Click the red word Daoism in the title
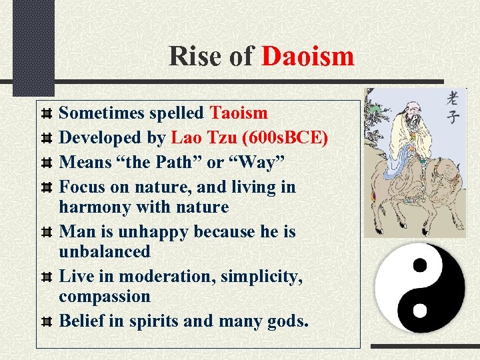(x=307, y=56)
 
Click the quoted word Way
(x=262, y=161)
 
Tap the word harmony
(x=95, y=207)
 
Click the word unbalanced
(x=105, y=251)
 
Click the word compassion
(x=105, y=295)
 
